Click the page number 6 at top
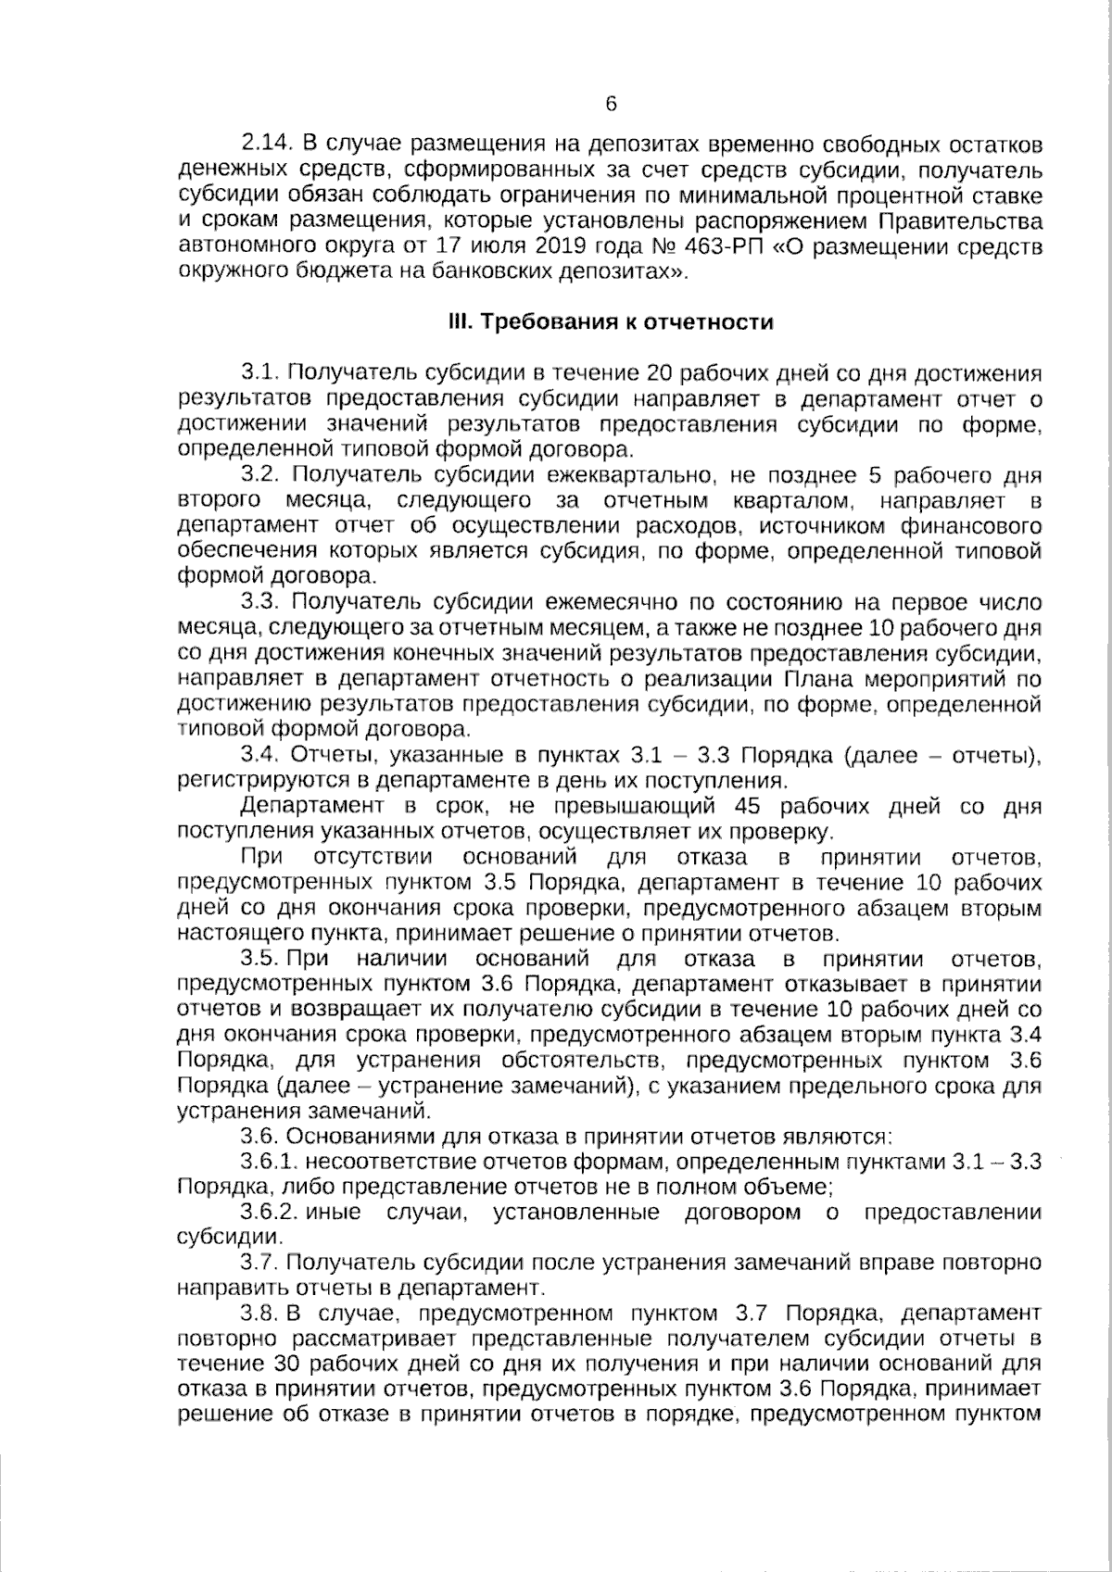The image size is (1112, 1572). click(x=611, y=105)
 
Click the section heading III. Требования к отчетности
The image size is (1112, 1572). click(x=610, y=322)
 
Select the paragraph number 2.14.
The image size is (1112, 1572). click(x=267, y=145)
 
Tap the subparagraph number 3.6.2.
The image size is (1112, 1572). click(x=270, y=1212)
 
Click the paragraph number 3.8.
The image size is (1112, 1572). click(x=260, y=1313)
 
